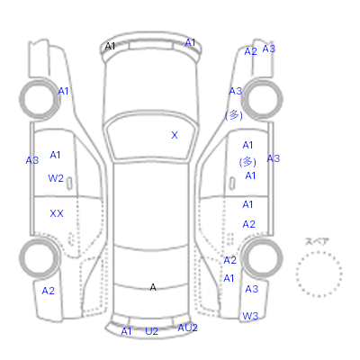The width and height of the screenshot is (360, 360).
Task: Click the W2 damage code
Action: pyautogui.click(x=56, y=178)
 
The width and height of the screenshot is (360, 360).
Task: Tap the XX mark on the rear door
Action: pyautogui.click(x=57, y=213)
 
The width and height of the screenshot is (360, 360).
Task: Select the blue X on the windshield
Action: pyautogui.click(x=175, y=135)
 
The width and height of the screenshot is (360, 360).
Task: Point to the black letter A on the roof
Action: pyautogui.click(x=153, y=287)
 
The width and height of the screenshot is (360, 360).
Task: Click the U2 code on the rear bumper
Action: pyautogui.click(x=151, y=331)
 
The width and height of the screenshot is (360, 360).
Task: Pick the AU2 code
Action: pyautogui.click(x=187, y=328)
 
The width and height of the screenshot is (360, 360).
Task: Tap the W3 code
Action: pyautogui.click(x=250, y=316)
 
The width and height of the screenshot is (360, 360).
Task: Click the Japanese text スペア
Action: pyautogui.click(x=317, y=241)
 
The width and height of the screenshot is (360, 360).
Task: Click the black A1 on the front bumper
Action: pyautogui.click(x=110, y=47)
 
